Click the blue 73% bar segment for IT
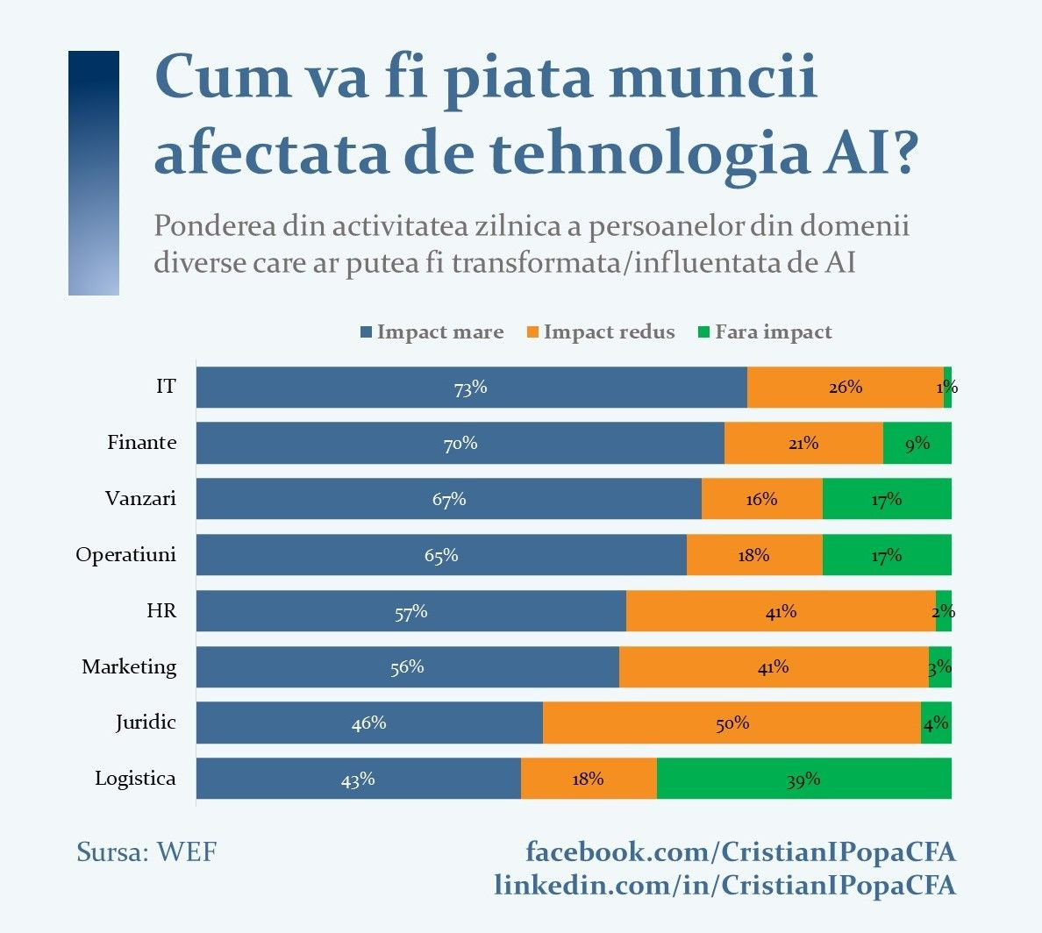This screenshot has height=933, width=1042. (x=471, y=388)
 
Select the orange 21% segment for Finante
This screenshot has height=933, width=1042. (x=803, y=443)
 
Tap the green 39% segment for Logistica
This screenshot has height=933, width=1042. (x=803, y=779)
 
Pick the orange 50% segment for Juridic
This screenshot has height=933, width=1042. (x=732, y=723)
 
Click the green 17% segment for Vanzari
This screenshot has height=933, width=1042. (x=887, y=499)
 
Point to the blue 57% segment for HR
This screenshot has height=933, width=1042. (x=410, y=611)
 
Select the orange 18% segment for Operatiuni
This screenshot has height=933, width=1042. (x=754, y=555)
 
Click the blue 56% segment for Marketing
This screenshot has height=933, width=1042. (x=407, y=667)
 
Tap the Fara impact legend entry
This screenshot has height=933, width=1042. (x=764, y=332)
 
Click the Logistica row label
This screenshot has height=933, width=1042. (x=135, y=779)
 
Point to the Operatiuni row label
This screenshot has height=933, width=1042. (x=125, y=555)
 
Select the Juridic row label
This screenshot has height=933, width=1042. (x=146, y=723)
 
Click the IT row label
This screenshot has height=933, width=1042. (x=166, y=387)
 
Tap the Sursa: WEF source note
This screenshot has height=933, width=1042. (x=146, y=851)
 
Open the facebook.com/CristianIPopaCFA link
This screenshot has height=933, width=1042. (x=740, y=851)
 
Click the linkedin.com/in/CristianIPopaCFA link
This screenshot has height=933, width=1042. (x=724, y=885)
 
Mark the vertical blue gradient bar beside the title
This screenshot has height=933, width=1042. (x=94, y=173)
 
